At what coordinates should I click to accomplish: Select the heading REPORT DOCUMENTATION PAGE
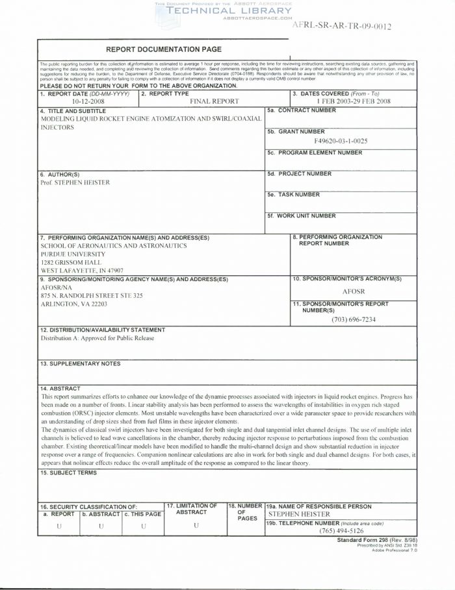coord(164,49)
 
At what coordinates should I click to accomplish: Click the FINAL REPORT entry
coord(214,102)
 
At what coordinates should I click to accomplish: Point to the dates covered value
coord(354,102)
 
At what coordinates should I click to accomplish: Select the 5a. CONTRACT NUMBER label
coord(302,111)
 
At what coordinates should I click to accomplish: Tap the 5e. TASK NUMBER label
coord(294,194)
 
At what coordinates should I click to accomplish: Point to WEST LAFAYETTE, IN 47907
coord(82,271)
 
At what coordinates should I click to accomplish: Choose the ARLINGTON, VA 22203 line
coord(74,304)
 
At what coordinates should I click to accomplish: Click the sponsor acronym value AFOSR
coord(354,291)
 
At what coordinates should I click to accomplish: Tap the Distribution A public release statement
coord(97,338)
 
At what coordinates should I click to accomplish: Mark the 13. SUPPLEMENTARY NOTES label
coord(80,363)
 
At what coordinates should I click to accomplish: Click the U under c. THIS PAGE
coord(143,526)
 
